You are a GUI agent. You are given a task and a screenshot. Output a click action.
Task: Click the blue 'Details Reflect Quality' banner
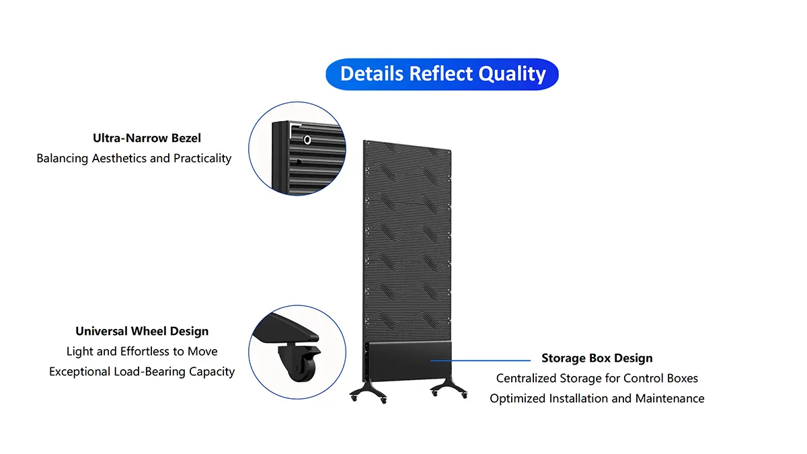(x=442, y=74)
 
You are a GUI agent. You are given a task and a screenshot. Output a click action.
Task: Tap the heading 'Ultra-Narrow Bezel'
(x=147, y=138)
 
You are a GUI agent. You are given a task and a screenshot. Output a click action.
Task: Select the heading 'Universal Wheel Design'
(x=142, y=331)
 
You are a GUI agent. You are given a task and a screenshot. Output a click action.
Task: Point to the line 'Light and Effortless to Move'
(x=142, y=351)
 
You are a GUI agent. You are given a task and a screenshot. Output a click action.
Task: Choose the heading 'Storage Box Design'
(x=597, y=358)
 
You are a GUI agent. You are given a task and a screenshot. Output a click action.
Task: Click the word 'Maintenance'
(x=670, y=398)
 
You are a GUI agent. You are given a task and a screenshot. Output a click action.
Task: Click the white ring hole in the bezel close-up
(x=307, y=140)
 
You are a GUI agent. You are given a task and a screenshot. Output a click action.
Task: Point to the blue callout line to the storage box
(x=480, y=361)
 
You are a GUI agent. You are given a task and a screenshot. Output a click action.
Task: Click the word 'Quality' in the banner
(x=512, y=74)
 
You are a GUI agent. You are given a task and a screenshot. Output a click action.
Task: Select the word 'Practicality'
(x=202, y=158)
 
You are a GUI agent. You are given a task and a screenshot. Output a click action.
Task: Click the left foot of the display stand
(x=369, y=392)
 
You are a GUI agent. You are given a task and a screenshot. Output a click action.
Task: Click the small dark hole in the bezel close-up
(x=299, y=162)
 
